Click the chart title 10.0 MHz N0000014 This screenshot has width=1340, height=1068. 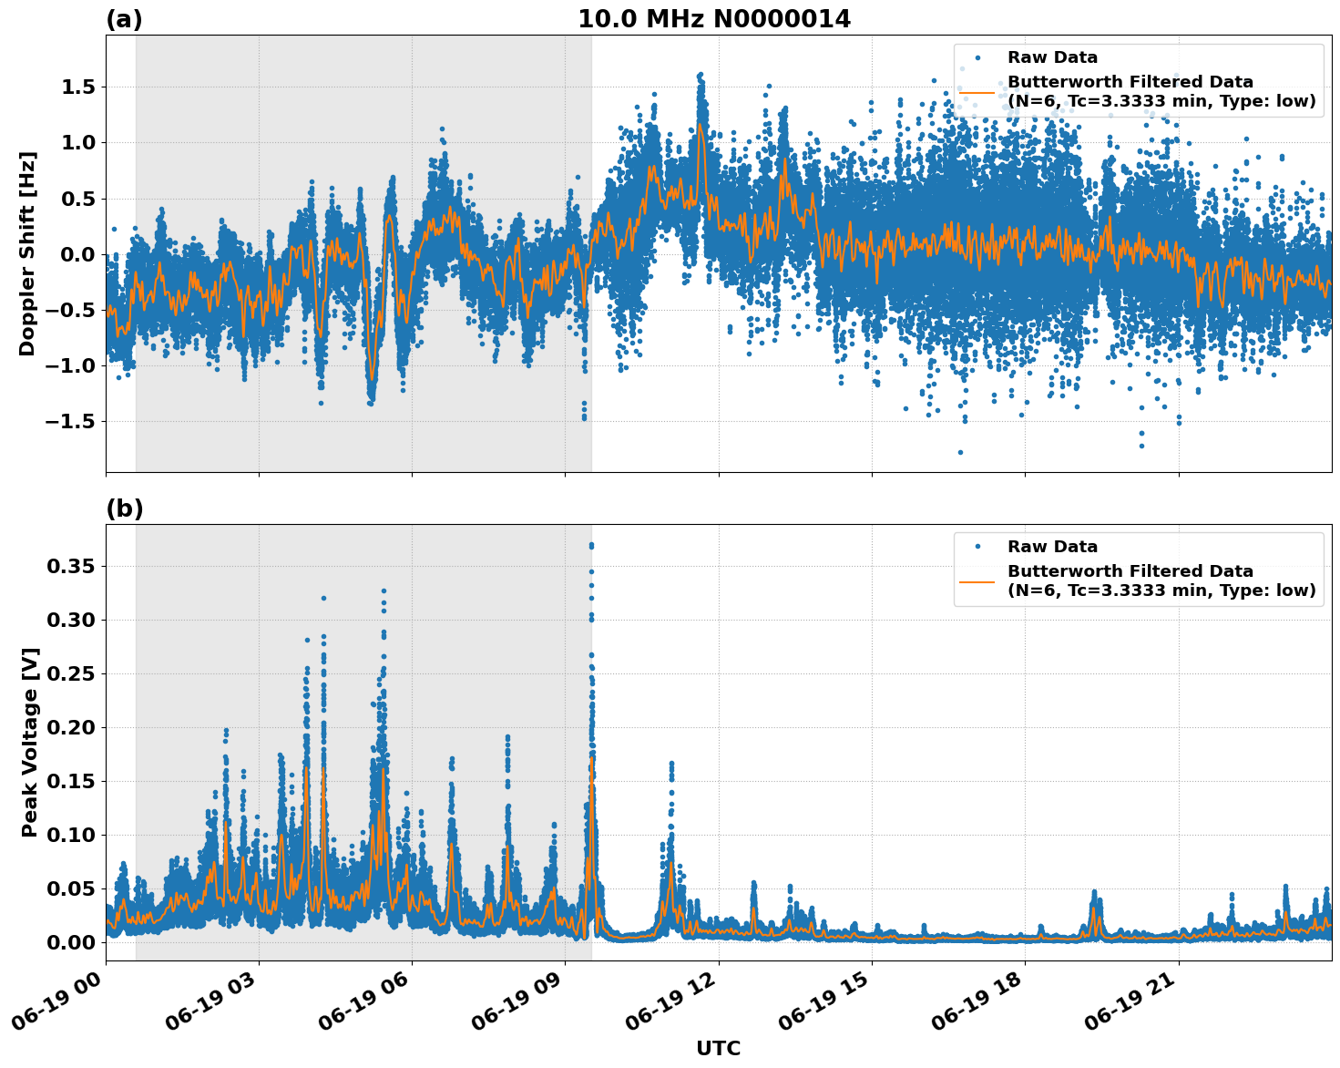tap(713, 18)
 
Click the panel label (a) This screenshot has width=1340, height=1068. tap(124, 19)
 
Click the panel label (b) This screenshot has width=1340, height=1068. tap(124, 508)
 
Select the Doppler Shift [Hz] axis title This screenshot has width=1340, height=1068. tap(27, 253)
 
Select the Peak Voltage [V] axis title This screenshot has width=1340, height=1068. tap(29, 742)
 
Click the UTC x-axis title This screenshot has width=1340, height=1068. tap(718, 1048)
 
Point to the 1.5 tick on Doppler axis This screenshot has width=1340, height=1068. tap(76, 87)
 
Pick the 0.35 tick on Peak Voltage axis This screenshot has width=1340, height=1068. tap(70, 567)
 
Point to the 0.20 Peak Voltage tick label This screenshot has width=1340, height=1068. tap(70, 727)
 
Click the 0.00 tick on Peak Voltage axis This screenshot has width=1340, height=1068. tap(70, 942)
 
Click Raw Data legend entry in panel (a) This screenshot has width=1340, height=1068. tap(1052, 57)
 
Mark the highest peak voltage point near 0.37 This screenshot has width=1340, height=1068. tap(591, 545)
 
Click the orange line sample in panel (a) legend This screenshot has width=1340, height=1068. tap(977, 92)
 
